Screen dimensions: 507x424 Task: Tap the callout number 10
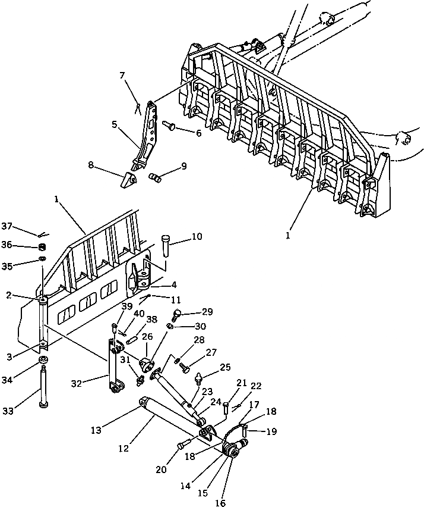pos(196,236)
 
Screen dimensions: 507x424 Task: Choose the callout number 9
pos(184,166)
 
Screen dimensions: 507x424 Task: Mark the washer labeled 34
pos(43,362)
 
